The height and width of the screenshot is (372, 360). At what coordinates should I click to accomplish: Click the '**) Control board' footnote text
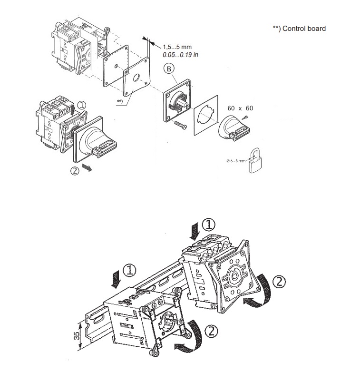(x=299, y=29)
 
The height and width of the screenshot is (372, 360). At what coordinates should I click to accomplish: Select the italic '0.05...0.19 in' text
(x=181, y=55)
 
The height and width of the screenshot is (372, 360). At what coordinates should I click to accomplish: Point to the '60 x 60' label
(x=240, y=108)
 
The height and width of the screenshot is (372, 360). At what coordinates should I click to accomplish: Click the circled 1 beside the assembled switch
(x=81, y=104)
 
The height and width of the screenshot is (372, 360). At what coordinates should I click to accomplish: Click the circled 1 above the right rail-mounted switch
(x=208, y=223)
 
